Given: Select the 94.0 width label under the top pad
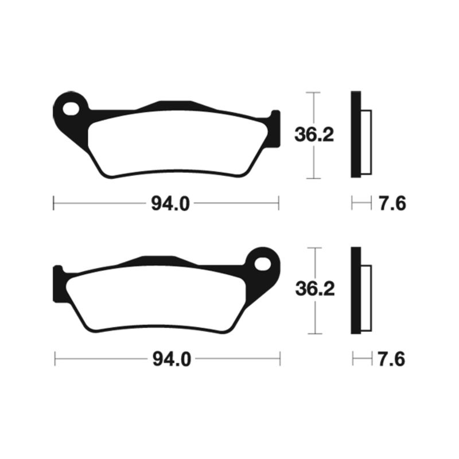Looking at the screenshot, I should pyautogui.click(x=170, y=204).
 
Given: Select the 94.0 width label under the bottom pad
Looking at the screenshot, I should pyautogui.click(x=170, y=360).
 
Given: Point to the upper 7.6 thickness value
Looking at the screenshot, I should pyautogui.click(x=392, y=204).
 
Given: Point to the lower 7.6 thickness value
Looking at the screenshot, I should pyautogui.click(x=392, y=360).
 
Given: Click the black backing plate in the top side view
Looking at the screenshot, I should pyautogui.click(x=356, y=135).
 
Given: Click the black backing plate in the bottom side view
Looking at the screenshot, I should pyautogui.click(x=356, y=290).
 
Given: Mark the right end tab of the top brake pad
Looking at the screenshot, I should pyautogui.click(x=275, y=129).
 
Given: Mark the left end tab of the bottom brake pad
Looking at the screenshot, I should pyautogui.click(x=58, y=285).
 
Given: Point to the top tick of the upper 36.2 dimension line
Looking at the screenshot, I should pyautogui.click(x=313, y=92).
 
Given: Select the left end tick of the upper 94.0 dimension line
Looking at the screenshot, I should pyautogui.click(x=53, y=203).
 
